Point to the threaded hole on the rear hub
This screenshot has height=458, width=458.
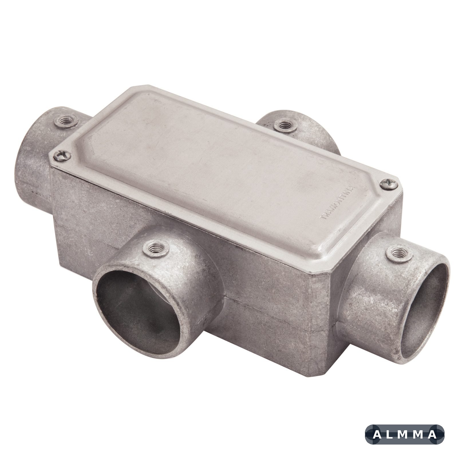tap(284, 125)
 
